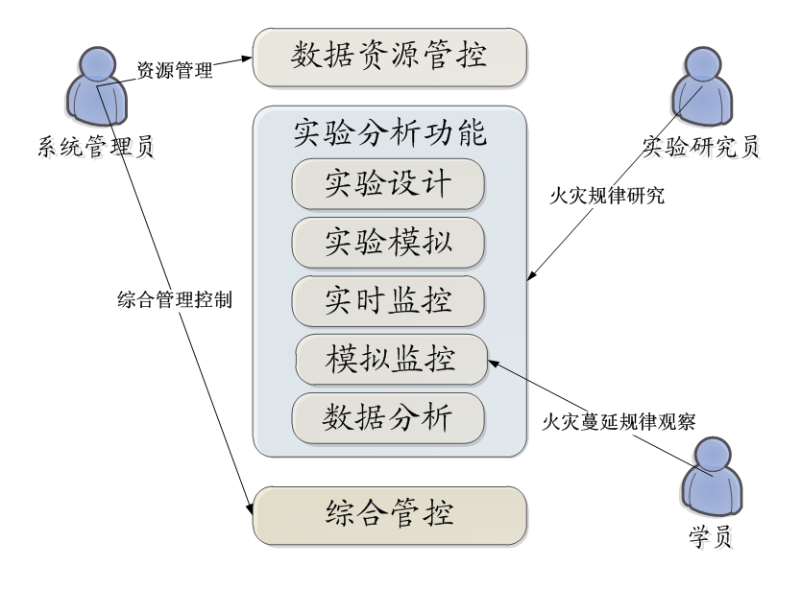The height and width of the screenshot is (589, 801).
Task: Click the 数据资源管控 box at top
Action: [390, 57]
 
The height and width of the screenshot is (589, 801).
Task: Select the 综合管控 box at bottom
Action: [390, 515]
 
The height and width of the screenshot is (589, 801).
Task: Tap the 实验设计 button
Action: [388, 183]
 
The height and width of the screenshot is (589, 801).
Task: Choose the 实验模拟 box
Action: [388, 242]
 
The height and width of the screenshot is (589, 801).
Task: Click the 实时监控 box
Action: [388, 301]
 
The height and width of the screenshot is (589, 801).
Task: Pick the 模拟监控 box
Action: [391, 361]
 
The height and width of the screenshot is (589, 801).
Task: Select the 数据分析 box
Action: [388, 418]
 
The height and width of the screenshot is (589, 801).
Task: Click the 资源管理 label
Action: [175, 71]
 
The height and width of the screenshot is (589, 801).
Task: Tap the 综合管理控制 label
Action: [175, 299]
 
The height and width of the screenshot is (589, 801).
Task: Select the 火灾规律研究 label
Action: [607, 197]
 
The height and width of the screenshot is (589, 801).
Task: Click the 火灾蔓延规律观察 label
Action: [619, 421]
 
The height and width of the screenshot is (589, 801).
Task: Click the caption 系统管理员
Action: [97, 150]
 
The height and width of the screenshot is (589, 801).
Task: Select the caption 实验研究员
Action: [704, 150]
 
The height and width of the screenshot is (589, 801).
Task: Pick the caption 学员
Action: [712, 538]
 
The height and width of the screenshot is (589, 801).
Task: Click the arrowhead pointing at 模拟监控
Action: [494, 363]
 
